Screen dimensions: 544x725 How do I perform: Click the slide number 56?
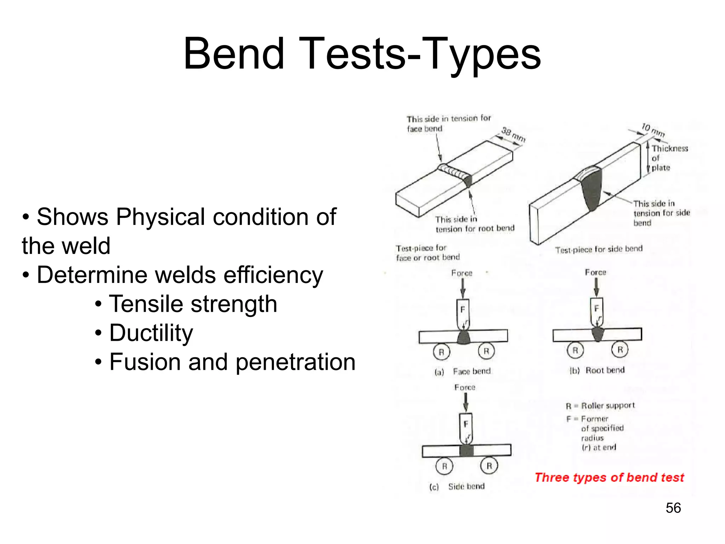(x=673, y=508)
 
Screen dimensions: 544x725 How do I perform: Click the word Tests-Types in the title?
(x=421, y=54)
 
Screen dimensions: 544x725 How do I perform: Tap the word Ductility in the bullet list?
(x=151, y=333)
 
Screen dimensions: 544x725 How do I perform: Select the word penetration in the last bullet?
(x=296, y=362)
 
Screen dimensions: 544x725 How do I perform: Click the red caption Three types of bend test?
(x=609, y=477)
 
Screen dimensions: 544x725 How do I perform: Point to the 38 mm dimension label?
(x=513, y=135)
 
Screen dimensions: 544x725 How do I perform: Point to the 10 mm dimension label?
(x=653, y=130)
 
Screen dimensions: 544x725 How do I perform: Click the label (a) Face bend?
(x=463, y=372)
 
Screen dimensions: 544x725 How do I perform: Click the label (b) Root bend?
(x=597, y=370)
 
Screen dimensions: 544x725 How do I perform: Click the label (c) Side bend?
(x=457, y=487)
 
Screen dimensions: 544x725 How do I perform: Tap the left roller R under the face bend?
(x=441, y=352)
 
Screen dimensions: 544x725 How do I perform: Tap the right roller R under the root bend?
(x=620, y=350)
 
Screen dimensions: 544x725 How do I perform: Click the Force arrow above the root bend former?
(x=596, y=287)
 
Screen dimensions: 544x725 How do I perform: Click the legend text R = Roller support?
(x=600, y=406)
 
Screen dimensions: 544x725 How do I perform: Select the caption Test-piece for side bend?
(x=599, y=249)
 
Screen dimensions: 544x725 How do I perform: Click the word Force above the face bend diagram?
(x=462, y=273)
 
